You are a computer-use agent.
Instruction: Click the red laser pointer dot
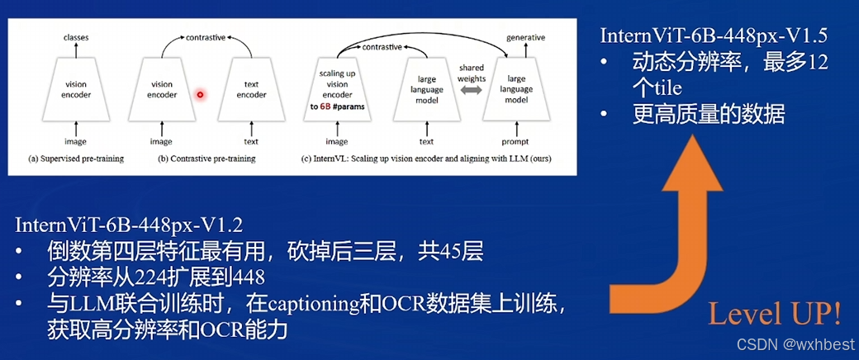pos(199,95)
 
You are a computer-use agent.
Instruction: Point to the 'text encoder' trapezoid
pos(252,88)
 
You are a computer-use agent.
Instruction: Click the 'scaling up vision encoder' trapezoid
pos(337,89)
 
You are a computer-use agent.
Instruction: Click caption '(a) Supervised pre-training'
pos(76,158)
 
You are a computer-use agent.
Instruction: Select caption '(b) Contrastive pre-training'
pos(206,158)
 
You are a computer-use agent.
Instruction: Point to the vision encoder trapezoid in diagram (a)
pos(75,88)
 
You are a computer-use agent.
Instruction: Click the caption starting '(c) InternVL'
pos(427,158)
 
